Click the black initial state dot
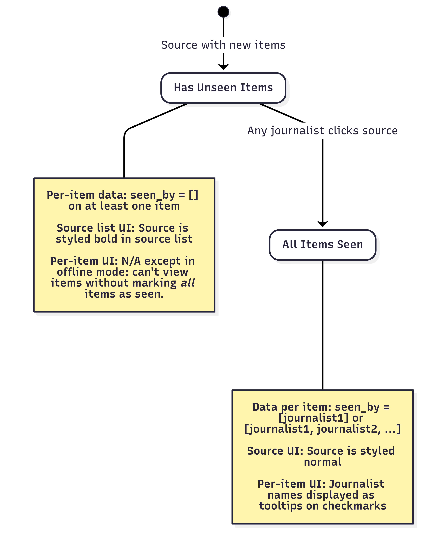point(223,12)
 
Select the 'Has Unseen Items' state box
point(223,88)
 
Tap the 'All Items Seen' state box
point(323,245)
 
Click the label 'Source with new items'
point(223,45)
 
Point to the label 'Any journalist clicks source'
point(323,131)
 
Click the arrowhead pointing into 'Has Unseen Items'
point(223,67)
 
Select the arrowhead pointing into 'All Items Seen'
point(323,224)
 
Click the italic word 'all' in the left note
point(188,283)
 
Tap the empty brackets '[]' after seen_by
point(193,195)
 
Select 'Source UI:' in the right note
point(275,451)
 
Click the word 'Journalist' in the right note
point(356,484)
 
